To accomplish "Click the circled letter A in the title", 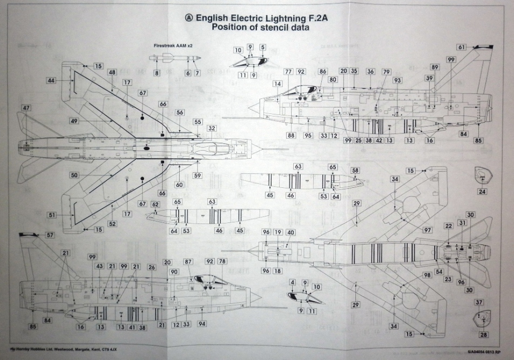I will pos(188,18).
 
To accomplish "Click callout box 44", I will pos(51,80).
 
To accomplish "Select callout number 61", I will pos(462,47).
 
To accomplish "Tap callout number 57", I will pos(50,235).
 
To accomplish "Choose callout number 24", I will pos(482,192).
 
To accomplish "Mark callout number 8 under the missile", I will pos(157,73).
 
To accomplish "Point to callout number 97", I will pos(428,230).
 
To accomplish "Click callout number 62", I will pos(156,205).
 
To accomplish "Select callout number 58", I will pos(355,170).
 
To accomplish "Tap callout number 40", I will pos(290,232).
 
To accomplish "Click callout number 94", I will pos(201,324).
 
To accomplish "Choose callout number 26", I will pos(151,267).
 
